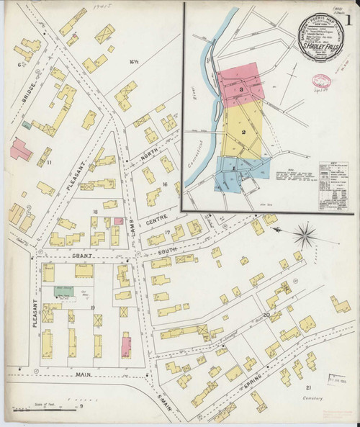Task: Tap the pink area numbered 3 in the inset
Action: point(243,88)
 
